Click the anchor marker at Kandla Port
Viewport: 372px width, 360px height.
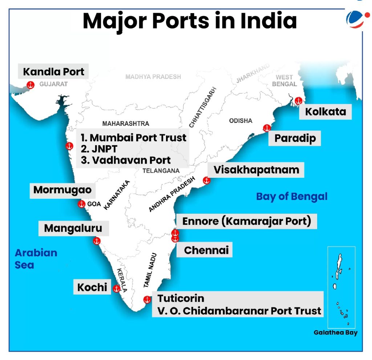31,85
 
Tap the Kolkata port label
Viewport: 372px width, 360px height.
325,111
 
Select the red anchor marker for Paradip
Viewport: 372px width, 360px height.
267,128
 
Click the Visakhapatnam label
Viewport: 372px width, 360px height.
256,170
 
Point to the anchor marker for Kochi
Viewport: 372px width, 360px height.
116,289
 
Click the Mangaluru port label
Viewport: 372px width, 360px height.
73,228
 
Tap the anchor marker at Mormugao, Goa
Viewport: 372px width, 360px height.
82,204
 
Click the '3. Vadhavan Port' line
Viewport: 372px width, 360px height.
126,160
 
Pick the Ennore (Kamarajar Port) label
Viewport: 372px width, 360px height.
246,221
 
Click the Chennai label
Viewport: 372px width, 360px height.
206,250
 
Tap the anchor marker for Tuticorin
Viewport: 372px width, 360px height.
147,300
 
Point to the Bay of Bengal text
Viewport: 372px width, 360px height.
292,196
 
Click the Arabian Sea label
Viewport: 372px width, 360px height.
36,259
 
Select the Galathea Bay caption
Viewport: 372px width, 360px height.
336,332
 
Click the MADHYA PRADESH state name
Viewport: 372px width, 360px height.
153,77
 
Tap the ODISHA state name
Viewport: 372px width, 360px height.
240,121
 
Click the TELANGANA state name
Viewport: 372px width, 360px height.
161,171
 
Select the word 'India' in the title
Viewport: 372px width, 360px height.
267,21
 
